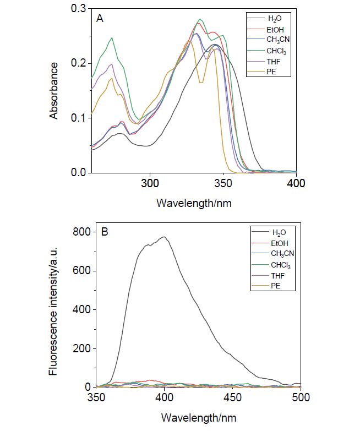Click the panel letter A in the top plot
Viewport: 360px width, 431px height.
pyautogui.click(x=100, y=18)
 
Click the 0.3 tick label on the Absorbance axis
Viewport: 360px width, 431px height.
pyautogui.click(x=79, y=9)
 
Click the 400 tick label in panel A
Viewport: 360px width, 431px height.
pyautogui.click(x=296, y=183)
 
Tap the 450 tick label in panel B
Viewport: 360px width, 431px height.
pyautogui.click(x=232, y=397)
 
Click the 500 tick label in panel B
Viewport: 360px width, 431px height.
pyautogui.click(x=301, y=397)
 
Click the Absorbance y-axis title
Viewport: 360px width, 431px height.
pyautogui.click(x=54, y=90)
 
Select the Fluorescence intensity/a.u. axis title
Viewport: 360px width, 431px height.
pyautogui.click(x=54, y=309)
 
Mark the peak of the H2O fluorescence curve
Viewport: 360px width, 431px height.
pyautogui.click(x=164, y=237)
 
